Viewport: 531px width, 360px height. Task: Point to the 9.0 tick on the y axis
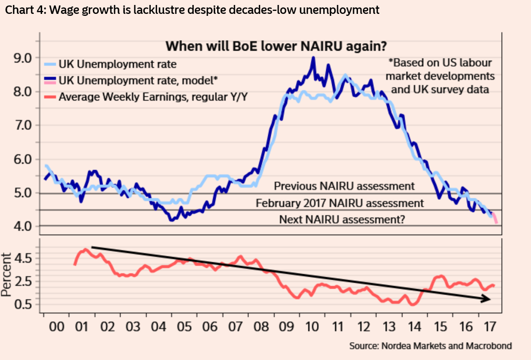(x=22, y=58)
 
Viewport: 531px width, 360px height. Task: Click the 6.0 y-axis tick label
(x=22, y=159)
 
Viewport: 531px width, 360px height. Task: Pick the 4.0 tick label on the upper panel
(x=22, y=226)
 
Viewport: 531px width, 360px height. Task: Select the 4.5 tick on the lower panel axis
(x=22, y=258)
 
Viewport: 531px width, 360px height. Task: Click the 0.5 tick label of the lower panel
(x=22, y=304)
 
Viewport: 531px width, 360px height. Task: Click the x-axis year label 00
(x=57, y=328)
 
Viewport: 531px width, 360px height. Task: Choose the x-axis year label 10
(x=312, y=328)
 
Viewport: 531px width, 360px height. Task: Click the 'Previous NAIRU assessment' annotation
(x=344, y=186)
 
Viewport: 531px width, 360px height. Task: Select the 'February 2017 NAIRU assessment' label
(x=340, y=203)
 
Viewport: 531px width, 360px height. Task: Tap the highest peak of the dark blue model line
(x=313, y=58)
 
